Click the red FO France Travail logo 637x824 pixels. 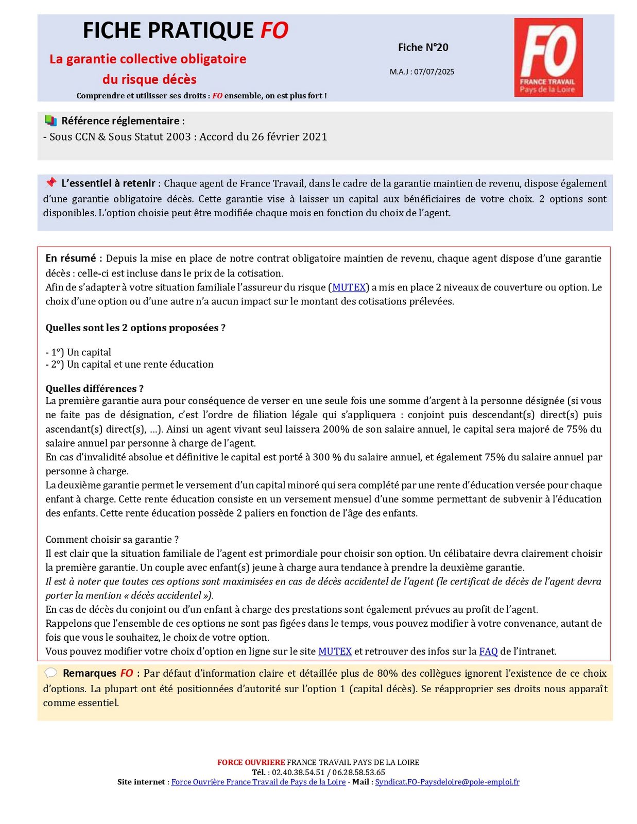[548, 57]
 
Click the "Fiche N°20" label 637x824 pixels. [423, 47]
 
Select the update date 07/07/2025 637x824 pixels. [434, 72]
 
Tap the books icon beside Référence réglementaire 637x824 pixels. [50, 121]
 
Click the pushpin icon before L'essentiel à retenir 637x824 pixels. [50, 183]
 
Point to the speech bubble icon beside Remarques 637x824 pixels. [50, 673]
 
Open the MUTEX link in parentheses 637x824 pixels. [349, 287]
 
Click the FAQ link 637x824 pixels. [488, 651]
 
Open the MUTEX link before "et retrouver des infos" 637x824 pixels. [335, 651]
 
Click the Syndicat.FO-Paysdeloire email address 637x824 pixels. [447, 782]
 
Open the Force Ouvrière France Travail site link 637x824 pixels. [258, 782]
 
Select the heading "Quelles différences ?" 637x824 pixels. [94, 388]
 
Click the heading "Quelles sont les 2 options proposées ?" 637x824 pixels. [135, 328]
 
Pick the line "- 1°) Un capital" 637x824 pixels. [78, 352]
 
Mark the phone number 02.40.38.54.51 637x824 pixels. [298, 772]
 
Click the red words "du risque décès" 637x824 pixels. [149, 79]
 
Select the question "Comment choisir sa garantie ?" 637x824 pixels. [112, 539]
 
